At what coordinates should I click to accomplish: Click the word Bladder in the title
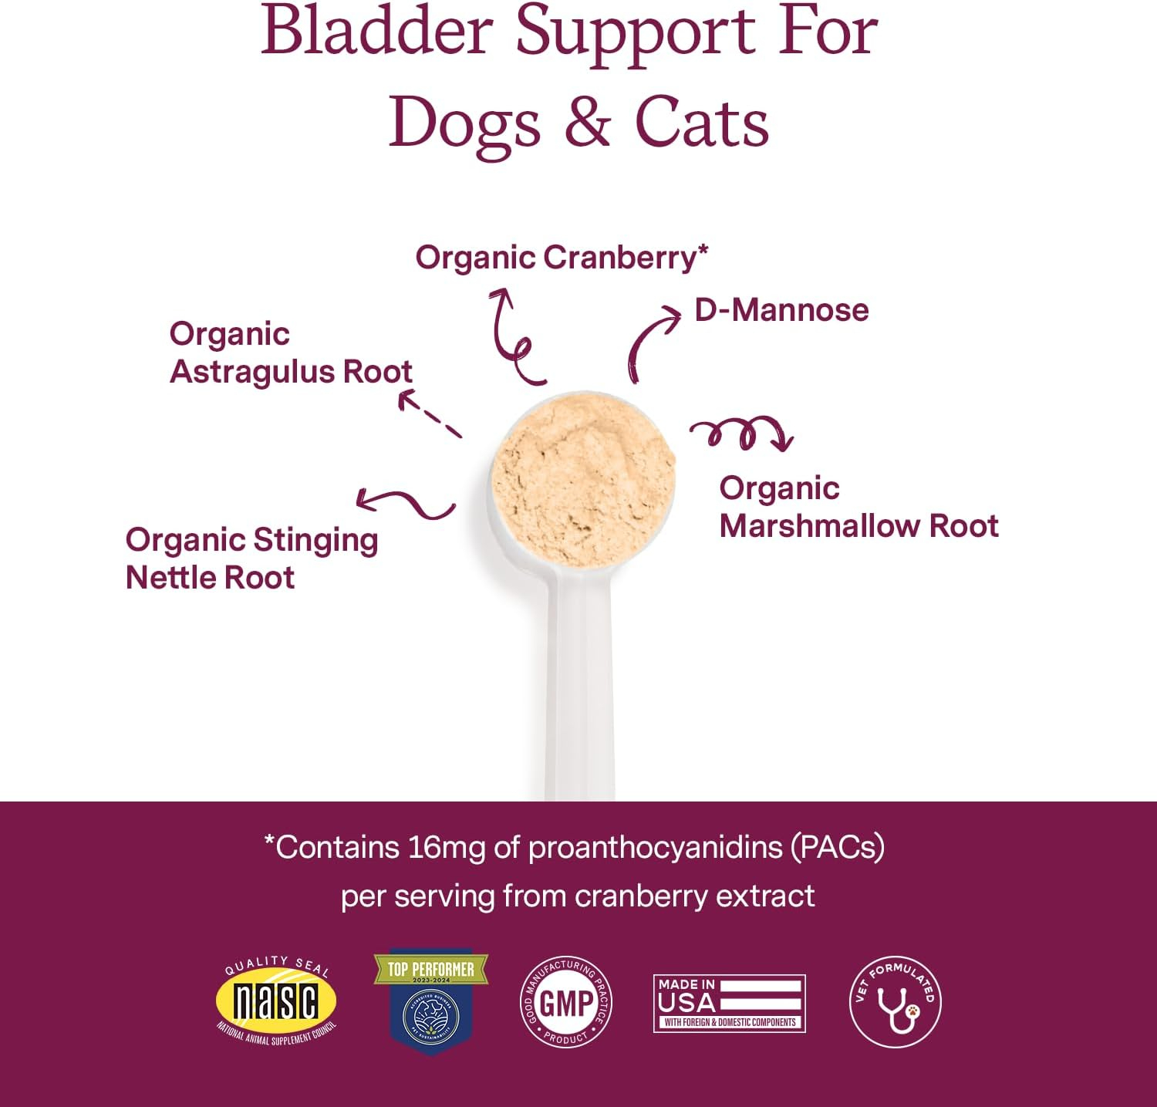point(376,32)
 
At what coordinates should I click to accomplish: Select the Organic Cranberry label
point(561,258)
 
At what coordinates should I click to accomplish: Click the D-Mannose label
point(781,310)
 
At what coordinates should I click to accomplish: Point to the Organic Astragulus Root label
point(290,353)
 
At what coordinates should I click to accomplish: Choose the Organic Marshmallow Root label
point(858,507)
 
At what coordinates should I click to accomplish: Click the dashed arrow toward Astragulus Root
point(429,415)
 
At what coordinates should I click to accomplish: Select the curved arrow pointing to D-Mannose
point(650,341)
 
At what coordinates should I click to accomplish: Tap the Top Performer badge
point(430,1001)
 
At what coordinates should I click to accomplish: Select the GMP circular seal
point(566,1002)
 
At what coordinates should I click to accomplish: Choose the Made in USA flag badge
point(729,1003)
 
